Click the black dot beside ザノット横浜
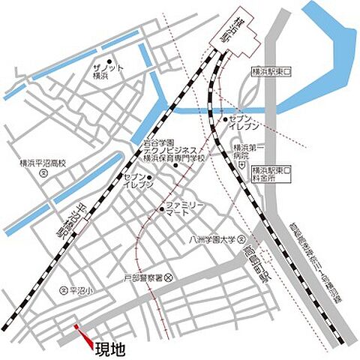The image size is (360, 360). click(x=109, y=61)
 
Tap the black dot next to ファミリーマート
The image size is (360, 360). click(x=161, y=208)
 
